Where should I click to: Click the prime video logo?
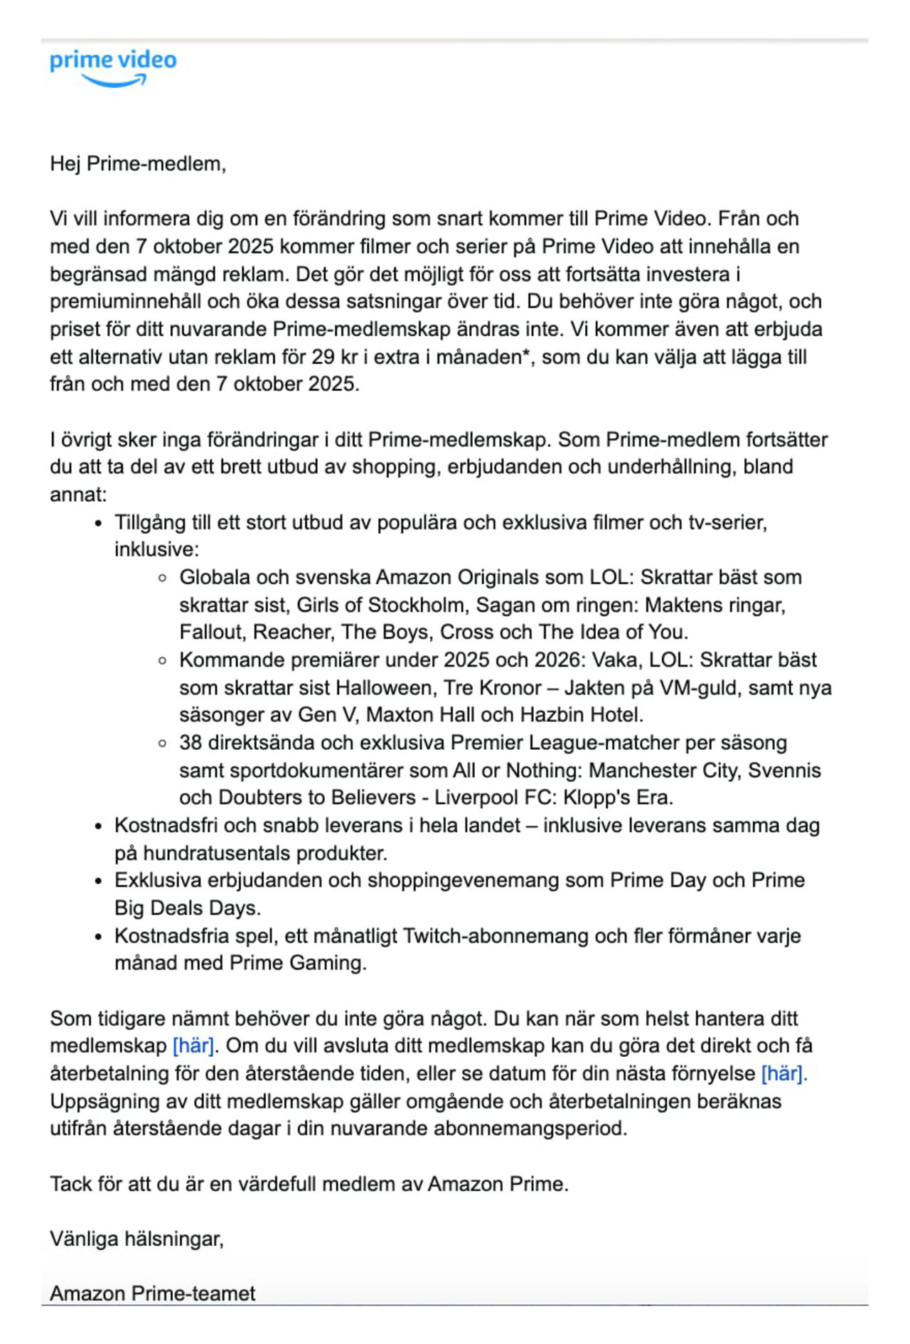(x=113, y=68)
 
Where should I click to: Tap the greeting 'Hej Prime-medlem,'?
(x=138, y=164)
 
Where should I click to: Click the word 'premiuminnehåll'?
(x=125, y=301)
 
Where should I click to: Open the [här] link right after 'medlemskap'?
(x=193, y=1045)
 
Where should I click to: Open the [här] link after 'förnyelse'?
(x=783, y=1073)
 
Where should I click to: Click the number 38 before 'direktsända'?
(x=191, y=743)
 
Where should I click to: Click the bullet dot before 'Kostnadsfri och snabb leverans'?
(x=100, y=827)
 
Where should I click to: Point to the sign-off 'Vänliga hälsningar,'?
(x=136, y=1240)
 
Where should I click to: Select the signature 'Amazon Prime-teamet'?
(x=152, y=1294)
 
